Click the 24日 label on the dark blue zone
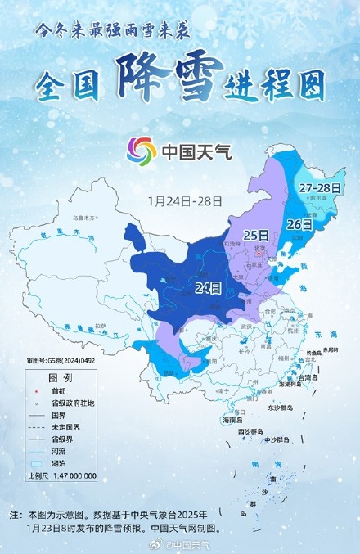209,287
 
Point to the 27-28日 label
320,188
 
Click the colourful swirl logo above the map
141,151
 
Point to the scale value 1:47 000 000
64,475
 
